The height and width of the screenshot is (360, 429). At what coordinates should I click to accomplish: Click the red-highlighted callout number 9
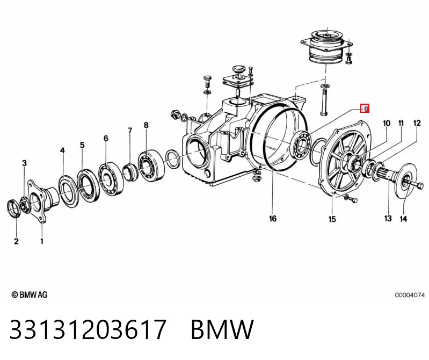coord(365,109)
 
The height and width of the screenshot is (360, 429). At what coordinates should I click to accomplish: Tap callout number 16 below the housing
coord(273,219)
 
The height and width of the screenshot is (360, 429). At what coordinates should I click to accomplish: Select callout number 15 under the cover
coord(332,219)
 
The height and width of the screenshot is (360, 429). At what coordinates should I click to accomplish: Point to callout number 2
coord(16,241)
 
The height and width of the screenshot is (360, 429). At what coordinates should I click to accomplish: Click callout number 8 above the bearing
coord(146,125)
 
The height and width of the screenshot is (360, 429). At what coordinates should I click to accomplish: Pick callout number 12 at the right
coord(417,123)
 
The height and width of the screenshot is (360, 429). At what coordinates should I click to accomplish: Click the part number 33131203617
coord(88,329)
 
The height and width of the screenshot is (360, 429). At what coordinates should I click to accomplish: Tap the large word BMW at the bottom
coord(222,329)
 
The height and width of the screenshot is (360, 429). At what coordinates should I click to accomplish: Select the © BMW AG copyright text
coord(30,294)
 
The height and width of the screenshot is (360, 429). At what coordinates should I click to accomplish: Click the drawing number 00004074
coord(410,295)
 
